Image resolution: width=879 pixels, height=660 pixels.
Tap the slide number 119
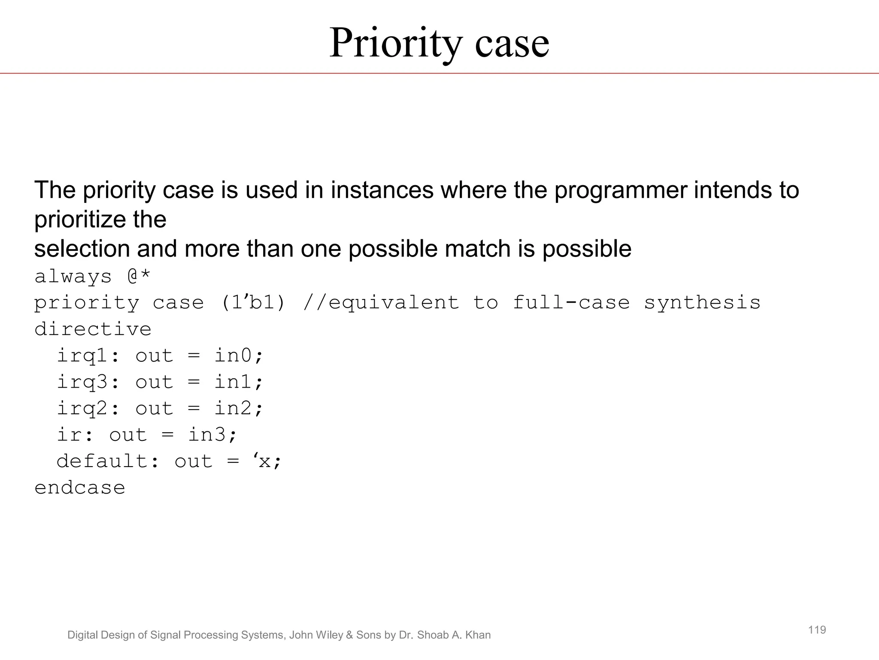point(817,630)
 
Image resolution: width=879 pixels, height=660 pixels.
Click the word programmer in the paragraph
point(620,190)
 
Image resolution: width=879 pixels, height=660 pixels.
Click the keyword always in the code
point(73,277)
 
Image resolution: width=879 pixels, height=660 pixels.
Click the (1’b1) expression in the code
point(253,302)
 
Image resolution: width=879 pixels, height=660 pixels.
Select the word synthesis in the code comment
point(702,302)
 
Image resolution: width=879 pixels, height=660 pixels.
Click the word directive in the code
point(93,329)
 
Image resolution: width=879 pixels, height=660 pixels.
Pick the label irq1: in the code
point(88,356)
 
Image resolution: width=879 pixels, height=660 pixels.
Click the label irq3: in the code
point(88,382)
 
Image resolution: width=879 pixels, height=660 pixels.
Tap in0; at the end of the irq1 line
point(238,356)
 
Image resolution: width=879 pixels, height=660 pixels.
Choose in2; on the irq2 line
point(238,408)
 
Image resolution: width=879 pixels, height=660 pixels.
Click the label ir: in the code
point(75,435)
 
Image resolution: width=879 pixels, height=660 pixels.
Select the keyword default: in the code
point(108,461)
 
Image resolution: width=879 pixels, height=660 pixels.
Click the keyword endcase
point(80,488)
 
